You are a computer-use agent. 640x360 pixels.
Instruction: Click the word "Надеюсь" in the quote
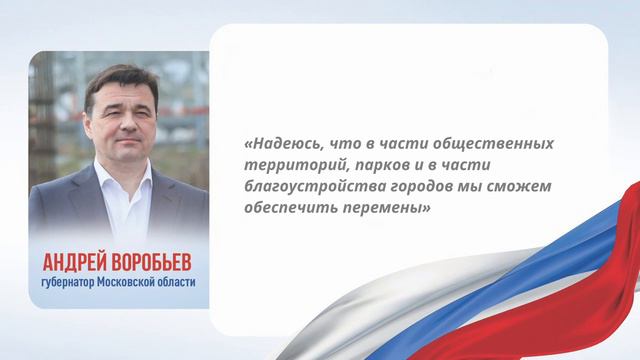click(286, 144)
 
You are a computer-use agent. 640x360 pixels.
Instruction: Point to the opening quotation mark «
click(247, 144)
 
